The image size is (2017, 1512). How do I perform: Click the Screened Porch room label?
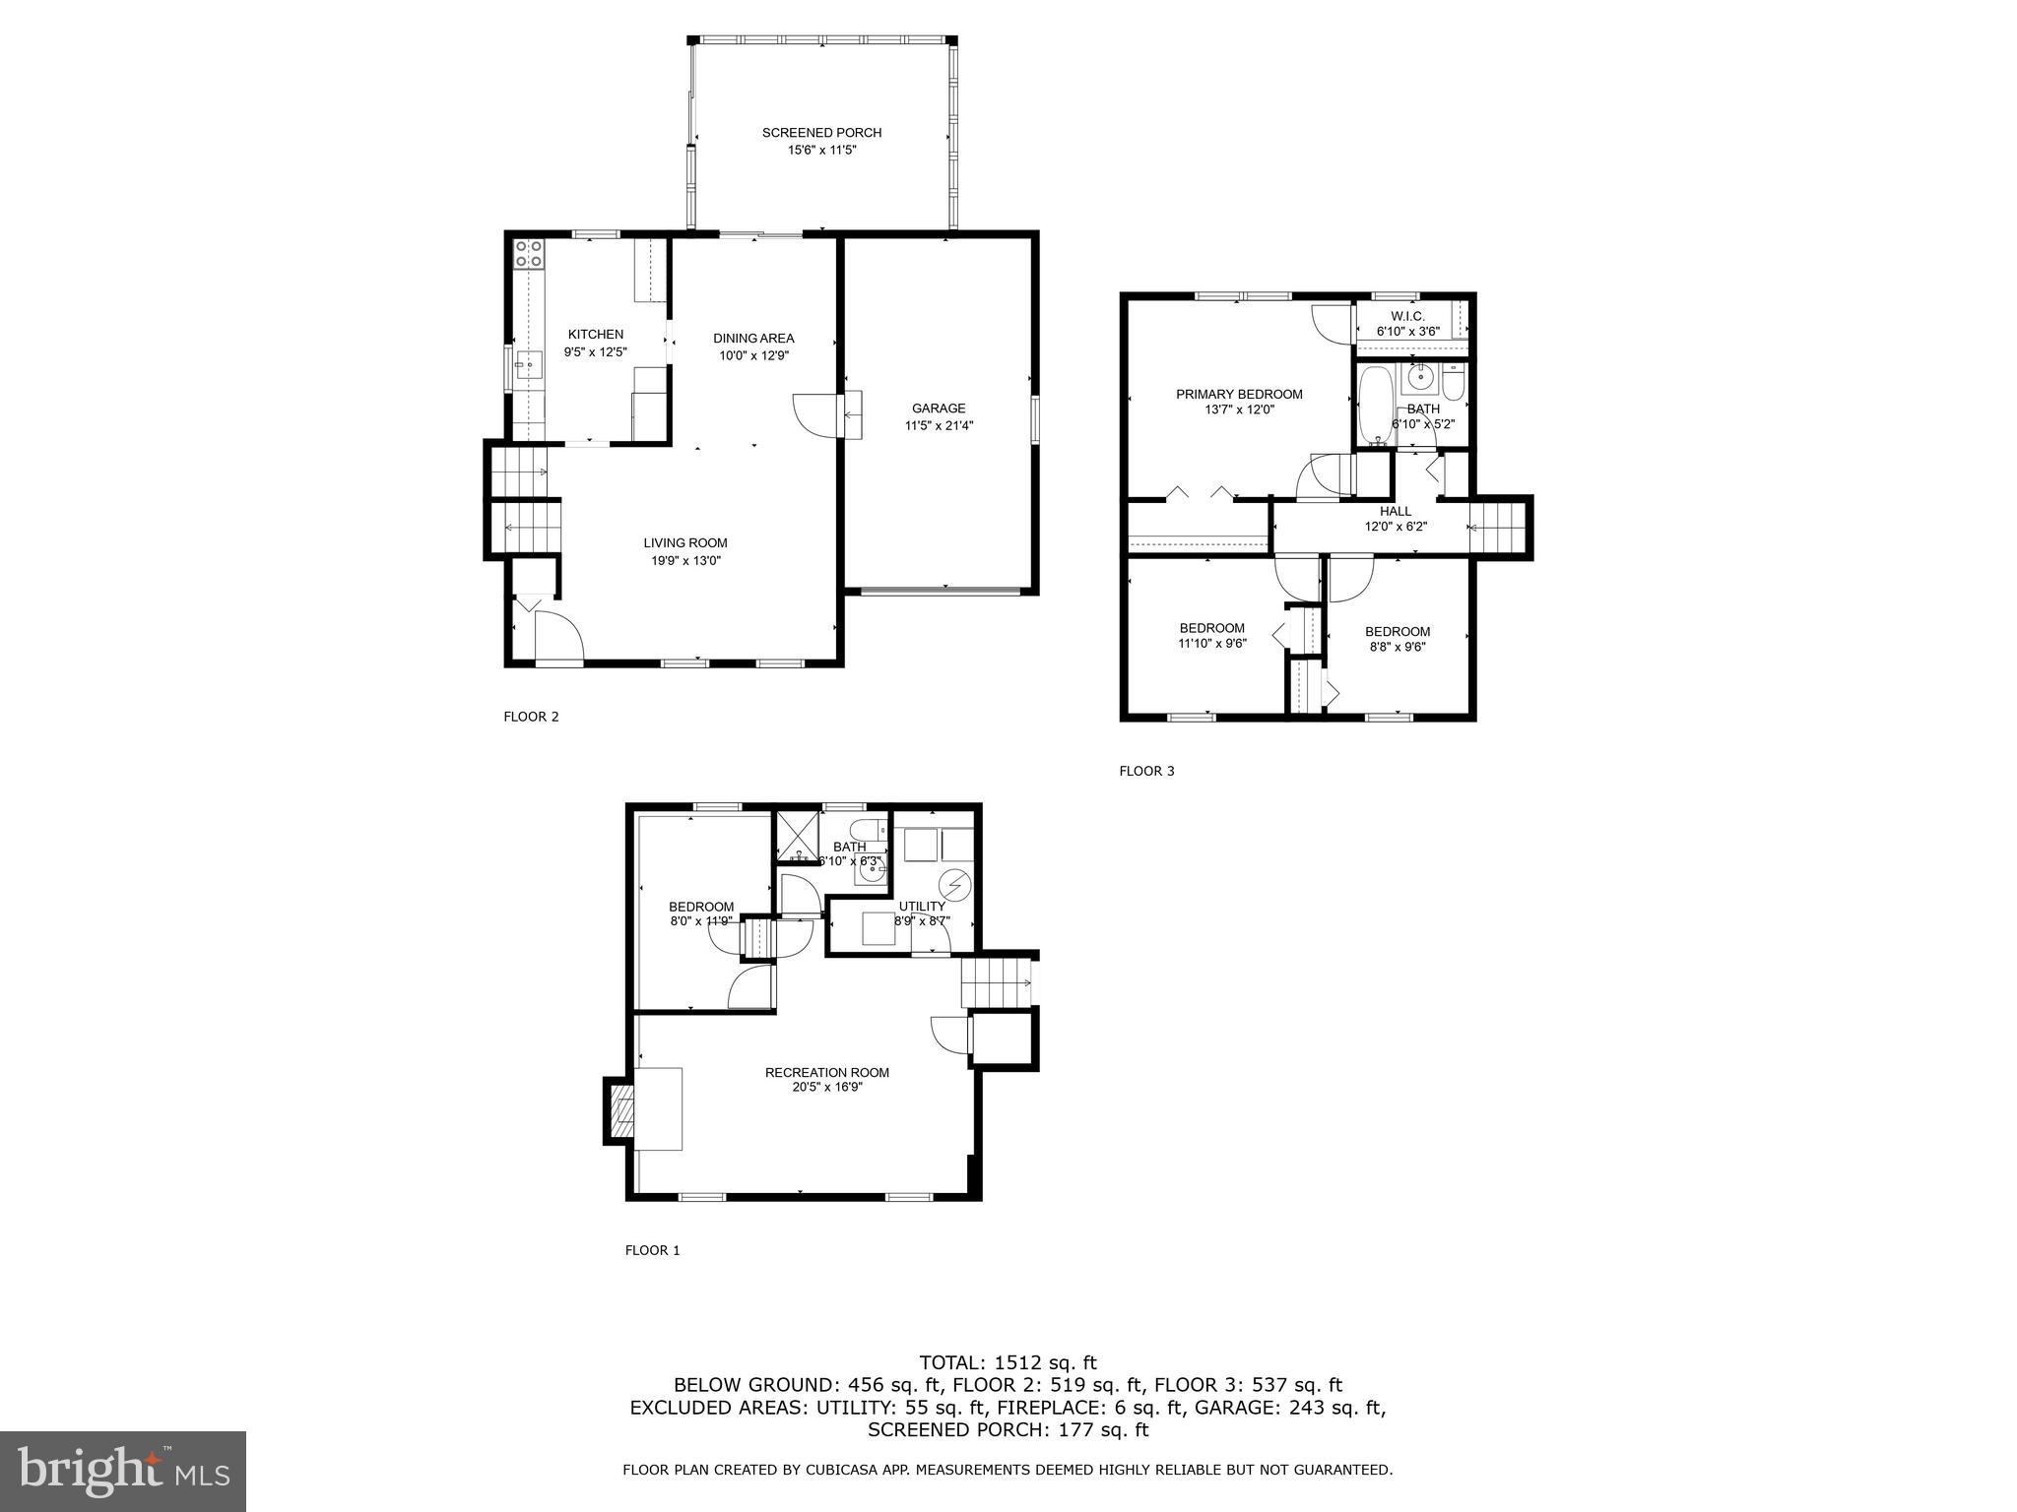click(x=821, y=133)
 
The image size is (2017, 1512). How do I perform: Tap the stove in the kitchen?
click(x=529, y=254)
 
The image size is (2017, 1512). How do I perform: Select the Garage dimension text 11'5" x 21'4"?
click(x=939, y=426)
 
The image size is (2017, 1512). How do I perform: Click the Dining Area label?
click(x=753, y=339)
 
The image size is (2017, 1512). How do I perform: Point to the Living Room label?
click(x=685, y=543)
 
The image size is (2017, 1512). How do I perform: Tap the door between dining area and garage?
click(x=815, y=413)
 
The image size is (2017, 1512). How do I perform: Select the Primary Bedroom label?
click(x=1239, y=395)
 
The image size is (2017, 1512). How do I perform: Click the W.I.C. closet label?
click(x=1407, y=316)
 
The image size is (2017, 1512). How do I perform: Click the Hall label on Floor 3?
click(x=1395, y=512)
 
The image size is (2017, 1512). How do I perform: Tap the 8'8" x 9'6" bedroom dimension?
click(x=1397, y=648)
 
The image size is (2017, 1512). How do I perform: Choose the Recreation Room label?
click(x=826, y=1073)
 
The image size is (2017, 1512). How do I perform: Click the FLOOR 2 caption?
click(x=531, y=717)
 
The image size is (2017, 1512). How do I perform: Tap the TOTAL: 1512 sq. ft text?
click(x=1008, y=1363)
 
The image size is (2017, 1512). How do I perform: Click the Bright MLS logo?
click(x=123, y=1471)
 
